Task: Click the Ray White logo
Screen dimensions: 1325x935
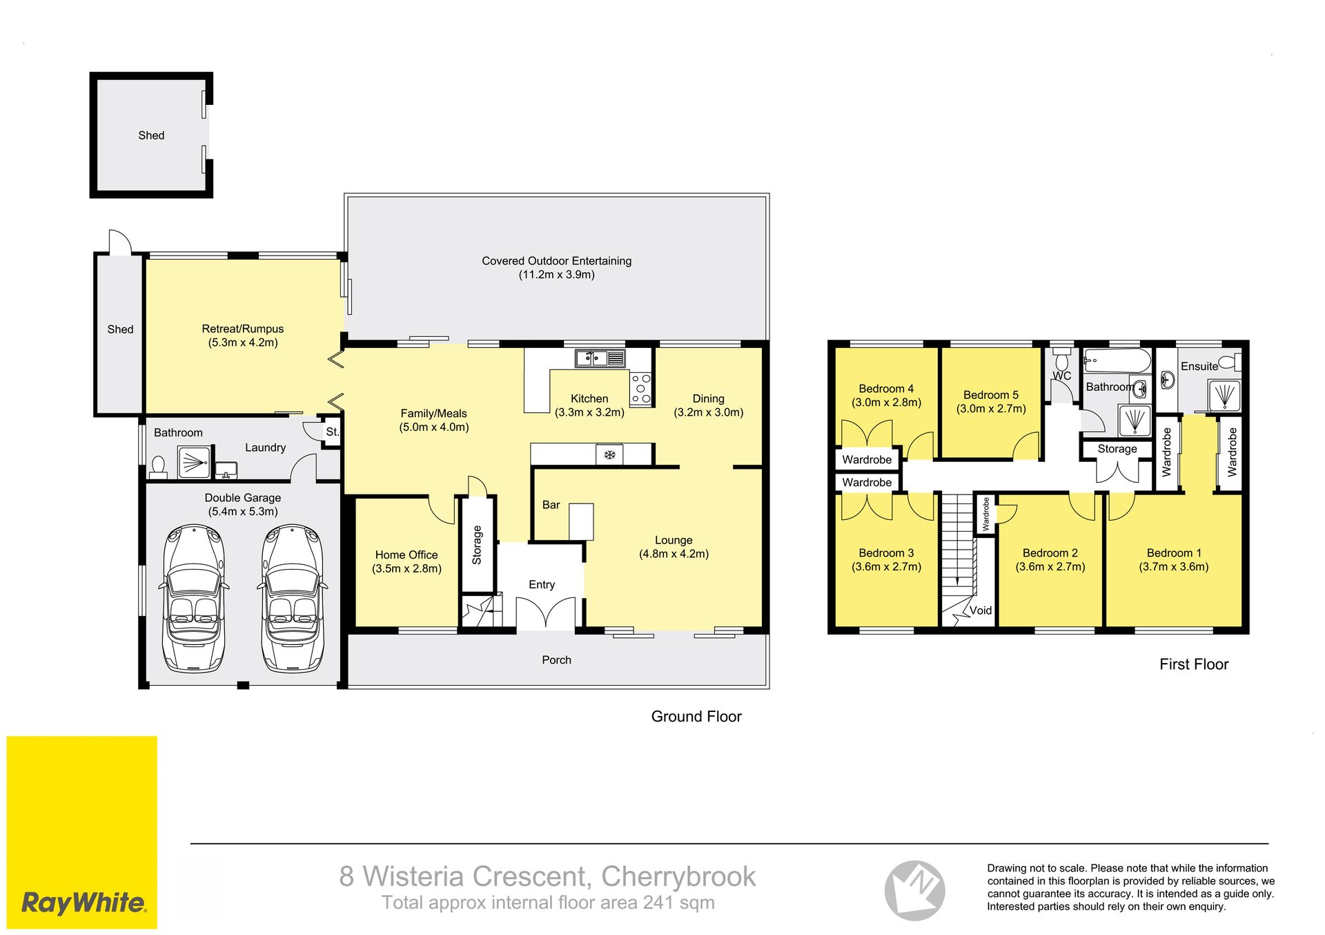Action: tap(82, 832)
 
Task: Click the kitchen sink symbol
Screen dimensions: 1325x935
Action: tap(600, 358)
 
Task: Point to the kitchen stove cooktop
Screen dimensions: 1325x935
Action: tap(641, 389)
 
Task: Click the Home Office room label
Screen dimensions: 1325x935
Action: tap(406, 561)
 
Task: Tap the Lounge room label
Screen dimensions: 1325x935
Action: tap(674, 547)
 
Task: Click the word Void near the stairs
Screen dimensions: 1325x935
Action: tap(981, 610)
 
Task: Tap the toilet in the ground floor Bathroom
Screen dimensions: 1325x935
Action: tap(158, 467)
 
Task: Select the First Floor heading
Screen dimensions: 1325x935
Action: tap(1194, 664)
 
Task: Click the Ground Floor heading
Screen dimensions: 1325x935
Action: tap(696, 717)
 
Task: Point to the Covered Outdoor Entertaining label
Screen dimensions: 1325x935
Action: tap(557, 267)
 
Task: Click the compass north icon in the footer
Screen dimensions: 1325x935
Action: tap(915, 891)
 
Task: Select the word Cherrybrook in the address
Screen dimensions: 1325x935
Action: tap(678, 877)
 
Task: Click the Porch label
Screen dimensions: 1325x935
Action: tap(556, 660)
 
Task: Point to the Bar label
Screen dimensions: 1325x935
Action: tap(551, 505)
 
